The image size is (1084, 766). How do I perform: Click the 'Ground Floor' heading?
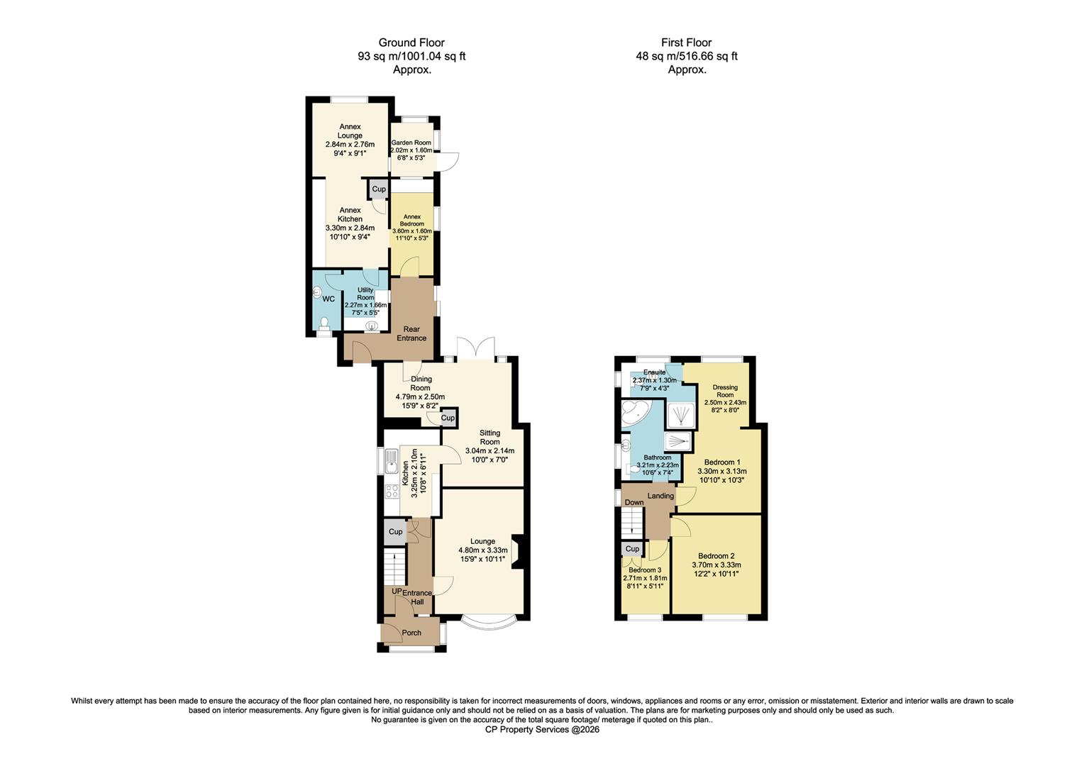(411, 43)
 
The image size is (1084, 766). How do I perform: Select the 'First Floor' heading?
(686, 43)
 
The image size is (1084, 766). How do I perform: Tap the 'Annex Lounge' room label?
(350, 131)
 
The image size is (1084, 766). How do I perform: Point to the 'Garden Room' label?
(411, 143)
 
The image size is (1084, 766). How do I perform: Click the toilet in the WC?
(324, 323)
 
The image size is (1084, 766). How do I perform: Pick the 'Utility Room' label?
(365, 294)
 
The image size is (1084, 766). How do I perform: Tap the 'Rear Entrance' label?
(411, 333)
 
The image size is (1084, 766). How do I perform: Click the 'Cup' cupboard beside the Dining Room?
(448, 418)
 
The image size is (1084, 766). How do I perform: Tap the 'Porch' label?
(411, 633)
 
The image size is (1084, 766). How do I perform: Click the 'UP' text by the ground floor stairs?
(397, 592)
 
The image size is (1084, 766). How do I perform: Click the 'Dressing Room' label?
(725, 391)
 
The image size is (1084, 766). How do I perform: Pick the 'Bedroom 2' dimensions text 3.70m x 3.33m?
(716, 565)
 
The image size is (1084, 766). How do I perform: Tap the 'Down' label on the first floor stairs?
(634, 502)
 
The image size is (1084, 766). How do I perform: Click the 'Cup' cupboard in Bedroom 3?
(632, 549)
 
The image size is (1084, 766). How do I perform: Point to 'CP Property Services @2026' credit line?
(542, 729)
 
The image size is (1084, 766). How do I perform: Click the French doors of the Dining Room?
(475, 349)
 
